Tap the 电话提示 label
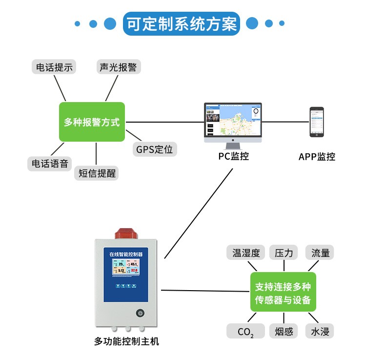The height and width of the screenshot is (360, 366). (x=53, y=67)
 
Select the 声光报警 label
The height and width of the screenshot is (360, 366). (x=118, y=67)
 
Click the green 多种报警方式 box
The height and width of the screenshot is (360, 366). (x=92, y=122)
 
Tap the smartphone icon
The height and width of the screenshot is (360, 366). (x=317, y=122)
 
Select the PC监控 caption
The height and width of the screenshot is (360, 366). (x=233, y=156)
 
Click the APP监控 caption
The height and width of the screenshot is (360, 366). (x=317, y=157)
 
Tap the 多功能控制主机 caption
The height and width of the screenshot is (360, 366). (x=126, y=341)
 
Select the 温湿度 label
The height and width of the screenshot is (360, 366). (x=246, y=253)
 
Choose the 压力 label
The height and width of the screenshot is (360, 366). (x=284, y=253)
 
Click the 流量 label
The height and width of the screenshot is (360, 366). (x=320, y=253)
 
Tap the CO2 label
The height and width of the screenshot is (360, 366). (x=245, y=332)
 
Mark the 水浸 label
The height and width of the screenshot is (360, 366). (x=320, y=332)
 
